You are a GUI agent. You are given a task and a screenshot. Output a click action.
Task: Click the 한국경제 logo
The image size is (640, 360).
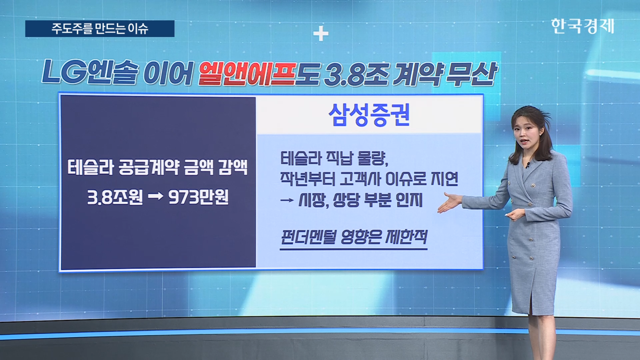point(582,26)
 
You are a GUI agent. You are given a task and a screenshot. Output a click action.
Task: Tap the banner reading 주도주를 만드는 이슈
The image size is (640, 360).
point(100,29)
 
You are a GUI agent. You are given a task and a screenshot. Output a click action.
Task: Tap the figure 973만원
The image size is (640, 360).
point(198,197)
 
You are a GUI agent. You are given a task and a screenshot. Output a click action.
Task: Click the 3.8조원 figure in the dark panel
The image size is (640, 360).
point(115,197)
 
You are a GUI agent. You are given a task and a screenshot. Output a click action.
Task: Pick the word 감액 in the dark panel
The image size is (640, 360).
point(233,167)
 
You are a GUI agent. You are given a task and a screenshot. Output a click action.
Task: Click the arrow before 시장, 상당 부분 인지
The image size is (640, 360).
point(287,200)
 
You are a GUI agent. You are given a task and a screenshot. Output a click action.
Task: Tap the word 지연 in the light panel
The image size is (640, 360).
point(444,179)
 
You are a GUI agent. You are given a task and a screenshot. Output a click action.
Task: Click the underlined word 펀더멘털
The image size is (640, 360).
point(308,237)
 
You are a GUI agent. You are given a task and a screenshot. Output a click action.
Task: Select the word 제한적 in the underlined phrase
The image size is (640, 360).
point(406,237)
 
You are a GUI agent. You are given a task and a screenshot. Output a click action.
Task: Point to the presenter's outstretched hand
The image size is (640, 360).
point(449,202)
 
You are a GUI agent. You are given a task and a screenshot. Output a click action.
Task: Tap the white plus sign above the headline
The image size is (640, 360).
point(321,34)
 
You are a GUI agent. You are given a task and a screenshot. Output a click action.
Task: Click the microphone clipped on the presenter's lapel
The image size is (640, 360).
point(528,165)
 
